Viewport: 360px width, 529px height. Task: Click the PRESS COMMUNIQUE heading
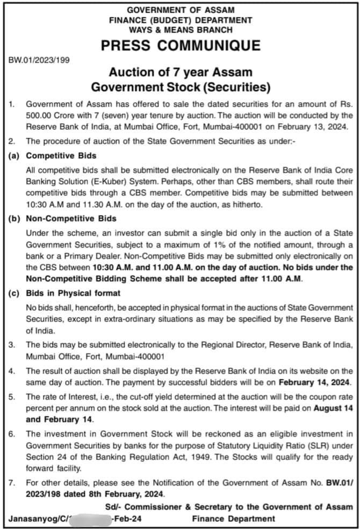point(181,46)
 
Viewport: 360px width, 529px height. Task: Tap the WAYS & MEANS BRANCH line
point(181,30)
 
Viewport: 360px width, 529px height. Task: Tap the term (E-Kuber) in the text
point(108,180)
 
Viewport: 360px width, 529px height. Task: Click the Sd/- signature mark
point(112,506)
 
